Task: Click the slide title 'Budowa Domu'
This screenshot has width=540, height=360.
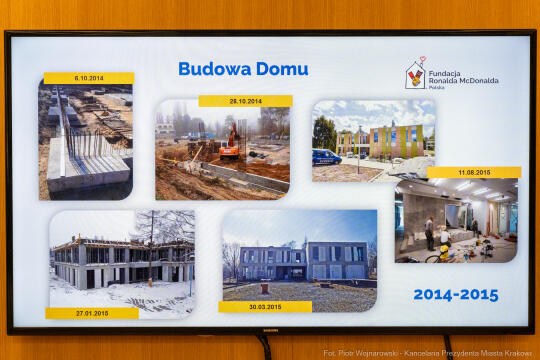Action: coord(243,69)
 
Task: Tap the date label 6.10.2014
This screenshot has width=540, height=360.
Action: coord(88,78)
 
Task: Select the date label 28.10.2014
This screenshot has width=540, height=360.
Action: coord(244,101)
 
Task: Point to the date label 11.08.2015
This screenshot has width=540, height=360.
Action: coord(474,172)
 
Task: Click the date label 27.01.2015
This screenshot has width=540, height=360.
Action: coord(91,313)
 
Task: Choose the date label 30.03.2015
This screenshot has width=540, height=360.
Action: coord(265,307)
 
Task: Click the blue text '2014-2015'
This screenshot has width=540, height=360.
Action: coord(455,295)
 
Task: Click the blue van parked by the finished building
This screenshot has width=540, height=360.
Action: coord(326,157)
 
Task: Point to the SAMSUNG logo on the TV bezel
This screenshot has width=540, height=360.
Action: coord(270,327)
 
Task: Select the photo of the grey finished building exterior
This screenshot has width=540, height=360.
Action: coord(299,254)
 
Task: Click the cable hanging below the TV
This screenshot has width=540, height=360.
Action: coord(265,345)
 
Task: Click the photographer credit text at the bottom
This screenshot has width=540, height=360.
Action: coord(429,353)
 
